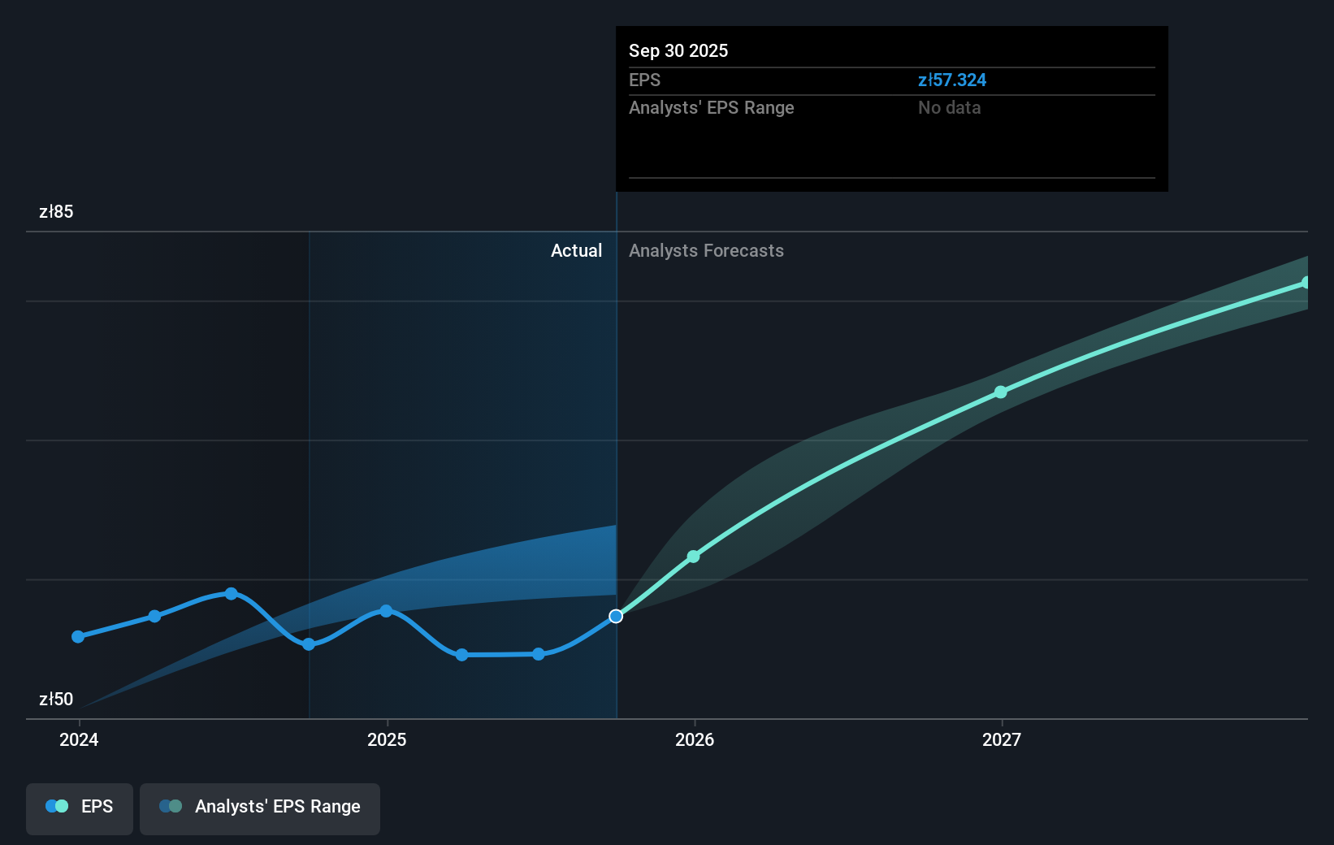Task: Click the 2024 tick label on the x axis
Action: (79, 739)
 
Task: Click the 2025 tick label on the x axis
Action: (387, 739)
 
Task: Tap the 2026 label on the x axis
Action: (695, 739)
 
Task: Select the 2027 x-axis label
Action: (1002, 739)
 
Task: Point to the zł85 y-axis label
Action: (56, 212)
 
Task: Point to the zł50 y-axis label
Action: (56, 700)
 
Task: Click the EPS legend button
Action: (80, 807)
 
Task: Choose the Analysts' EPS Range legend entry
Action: (260, 807)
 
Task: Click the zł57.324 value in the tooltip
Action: (951, 80)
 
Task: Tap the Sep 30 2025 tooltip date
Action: (678, 51)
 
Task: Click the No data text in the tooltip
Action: (949, 108)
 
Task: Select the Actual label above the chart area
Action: (576, 251)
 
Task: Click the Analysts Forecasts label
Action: (706, 251)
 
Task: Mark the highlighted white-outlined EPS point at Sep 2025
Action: (616, 617)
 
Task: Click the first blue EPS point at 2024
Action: (78, 637)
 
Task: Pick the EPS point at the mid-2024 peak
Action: (232, 594)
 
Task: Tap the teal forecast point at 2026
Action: (693, 557)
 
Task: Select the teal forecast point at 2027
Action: (1001, 392)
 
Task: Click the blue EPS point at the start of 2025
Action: (386, 611)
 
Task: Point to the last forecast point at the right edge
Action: (1306, 283)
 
